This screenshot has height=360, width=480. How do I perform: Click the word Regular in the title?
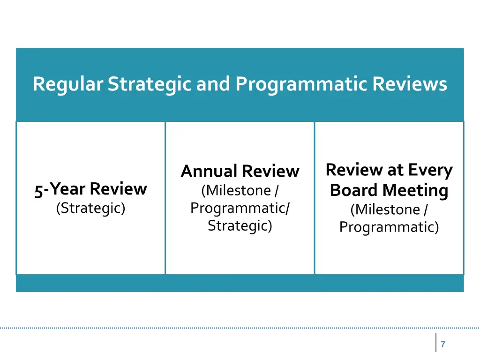click(x=68, y=84)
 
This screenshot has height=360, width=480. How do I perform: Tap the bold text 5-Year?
click(x=60, y=189)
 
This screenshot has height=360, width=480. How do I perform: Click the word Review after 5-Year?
click(x=119, y=189)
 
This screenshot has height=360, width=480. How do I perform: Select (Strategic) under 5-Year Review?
click(x=90, y=208)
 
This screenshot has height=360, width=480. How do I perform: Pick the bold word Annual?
click(x=210, y=171)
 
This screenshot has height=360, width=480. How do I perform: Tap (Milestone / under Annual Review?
click(x=240, y=191)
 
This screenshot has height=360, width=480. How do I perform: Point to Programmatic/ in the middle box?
click(x=240, y=208)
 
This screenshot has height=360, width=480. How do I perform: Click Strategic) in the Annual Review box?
click(x=240, y=225)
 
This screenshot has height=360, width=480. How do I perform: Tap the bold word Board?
click(x=354, y=190)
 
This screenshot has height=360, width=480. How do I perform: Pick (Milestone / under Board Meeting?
click(x=389, y=209)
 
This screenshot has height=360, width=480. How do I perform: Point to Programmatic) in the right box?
click(x=389, y=227)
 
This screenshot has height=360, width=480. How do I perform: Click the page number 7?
click(x=443, y=345)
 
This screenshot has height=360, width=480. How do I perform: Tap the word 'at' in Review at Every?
click(x=395, y=170)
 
